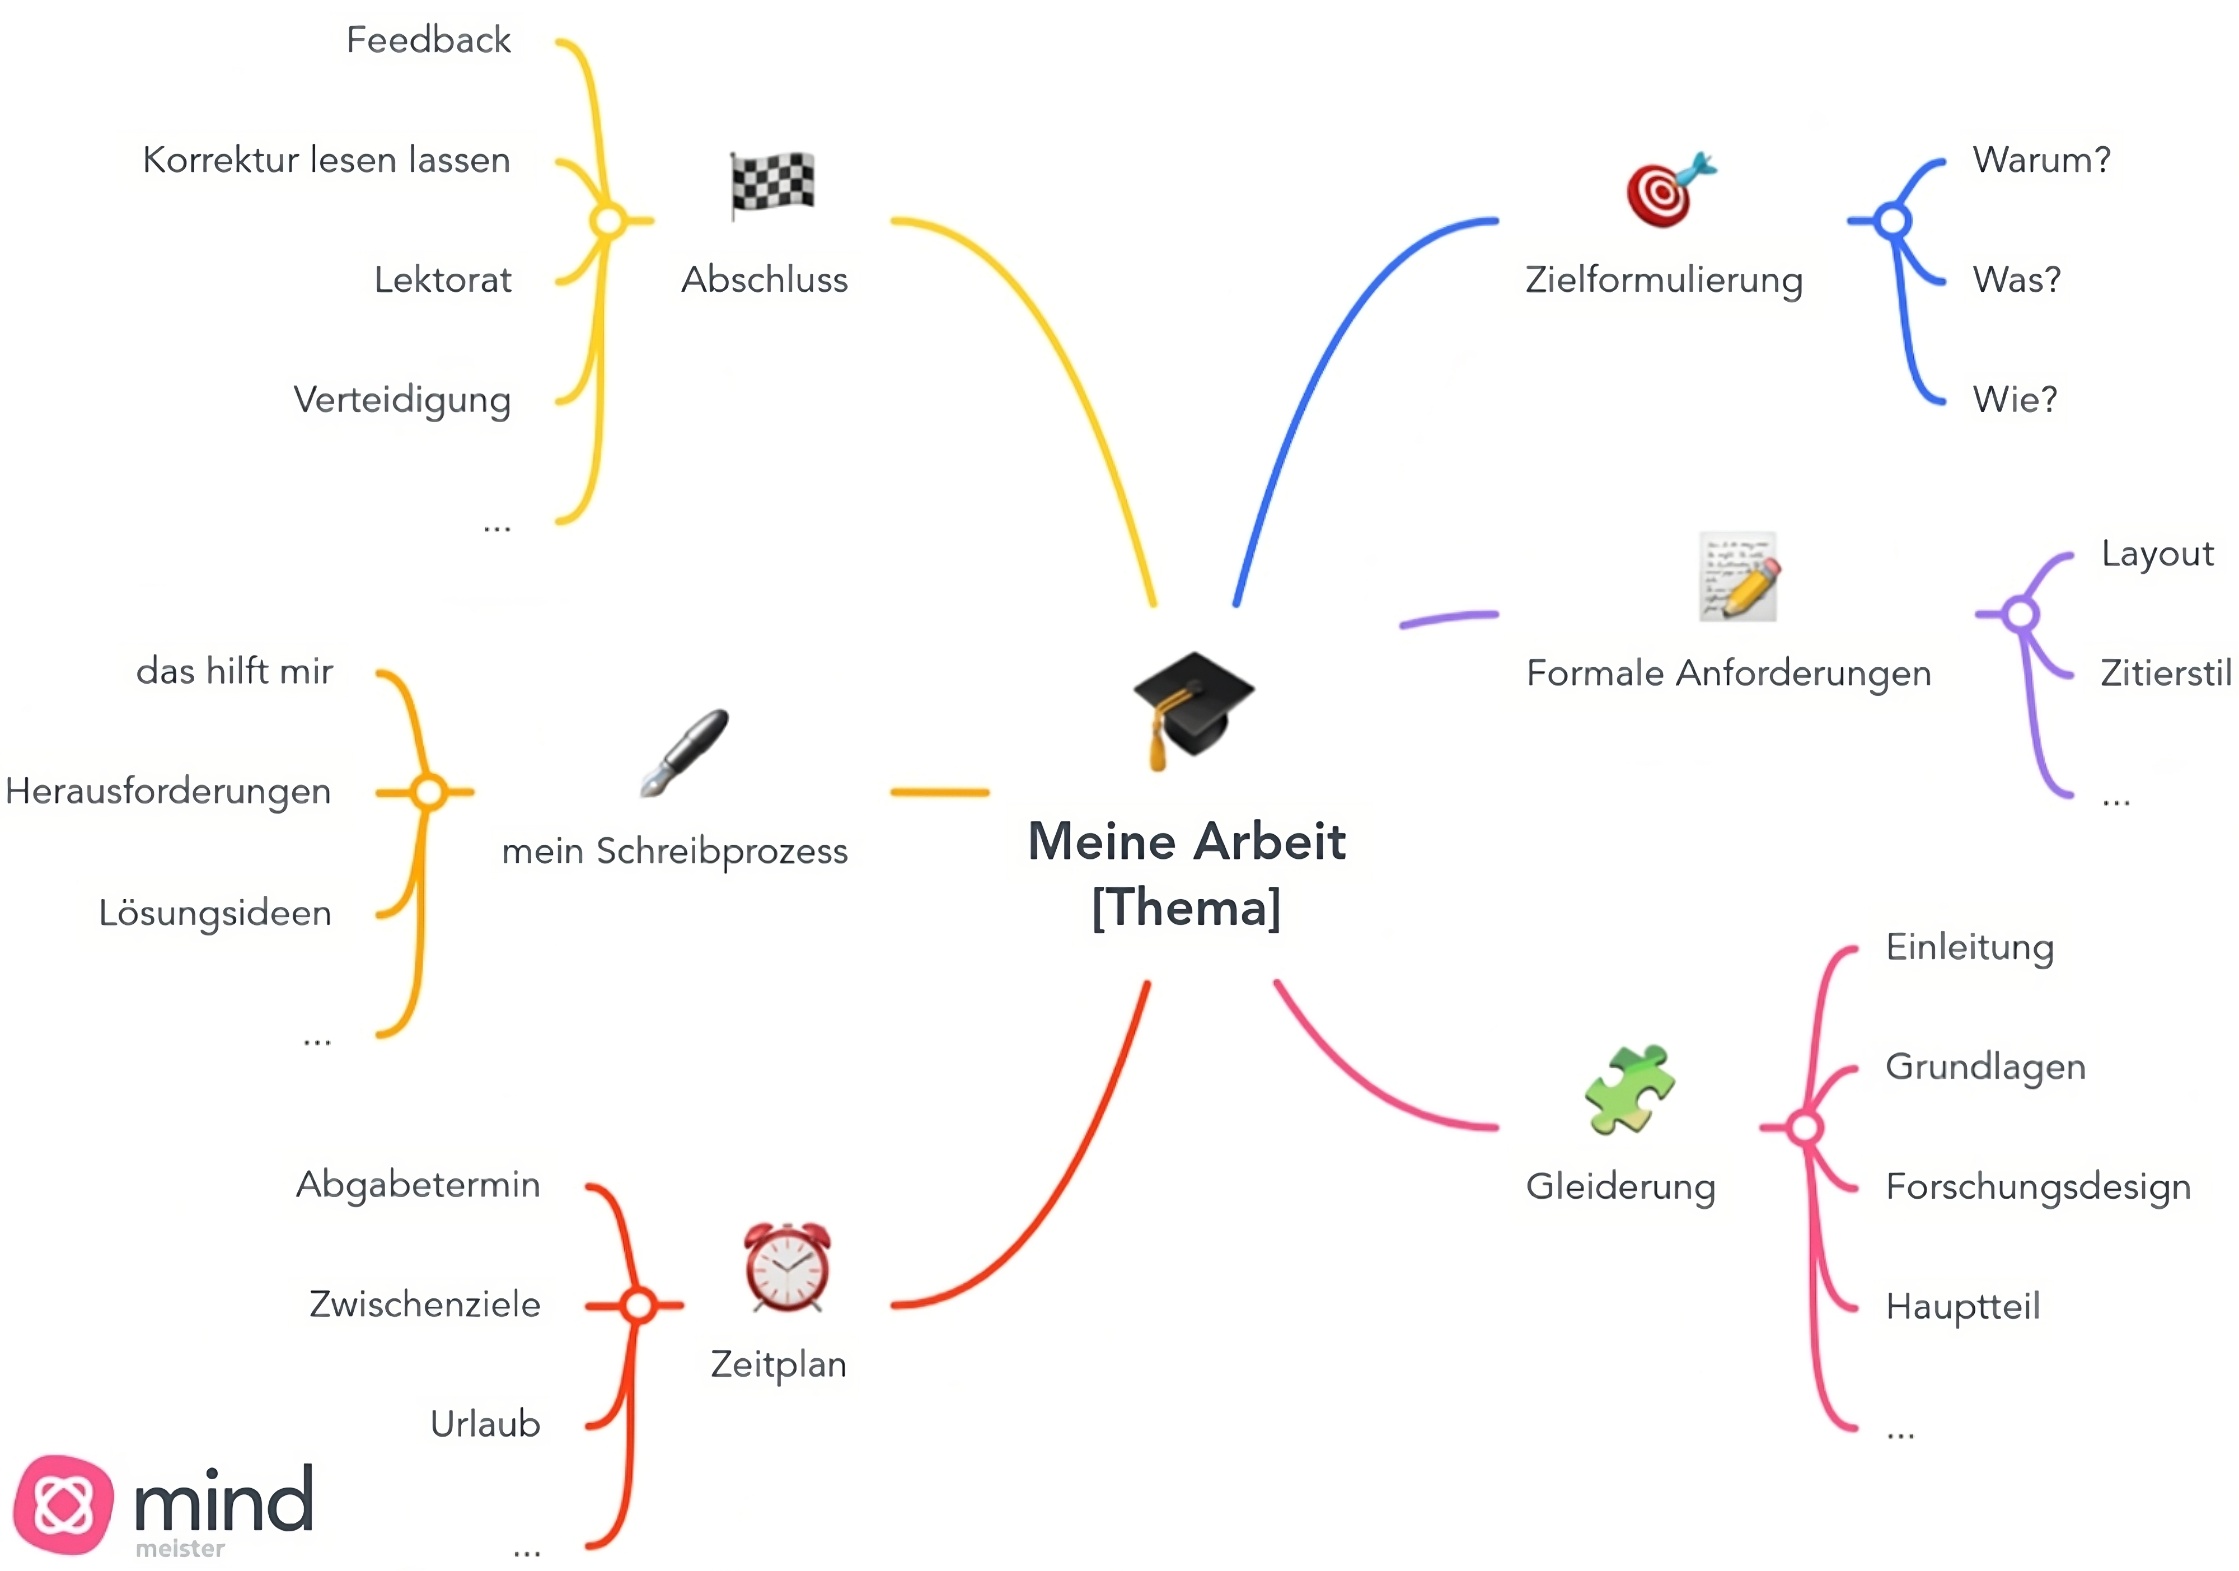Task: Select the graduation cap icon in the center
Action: tap(1192, 708)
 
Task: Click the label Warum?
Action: tap(2041, 160)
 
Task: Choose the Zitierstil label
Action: tap(2165, 673)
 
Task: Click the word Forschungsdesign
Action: tap(2038, 1187)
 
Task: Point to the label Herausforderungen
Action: tap(168, 791)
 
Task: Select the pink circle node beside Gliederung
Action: tap(1805, 1128)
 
